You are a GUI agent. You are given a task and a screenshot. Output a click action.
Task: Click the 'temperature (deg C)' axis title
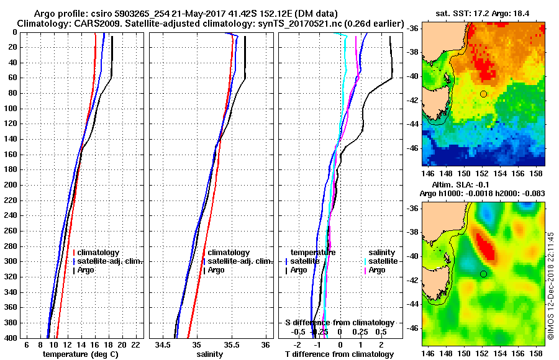tap(80, 354)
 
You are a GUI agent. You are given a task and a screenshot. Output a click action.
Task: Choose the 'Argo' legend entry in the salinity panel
tap(217, 270)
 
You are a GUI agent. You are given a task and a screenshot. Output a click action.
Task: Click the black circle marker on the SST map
tap(483, 94)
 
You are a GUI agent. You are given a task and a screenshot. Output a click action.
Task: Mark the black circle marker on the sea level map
tap(483, 274)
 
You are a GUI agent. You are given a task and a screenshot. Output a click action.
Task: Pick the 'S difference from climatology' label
tap(339, 323)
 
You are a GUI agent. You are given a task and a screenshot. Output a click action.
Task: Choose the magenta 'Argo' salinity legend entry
tap(377, 270)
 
